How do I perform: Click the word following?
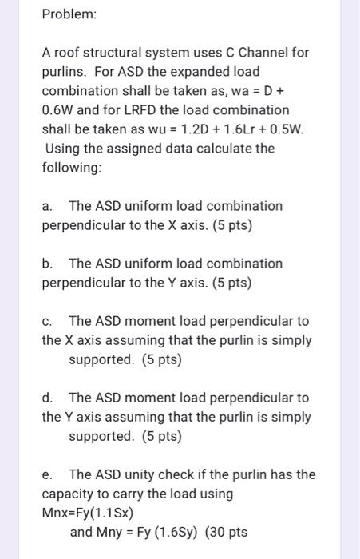click(x=72, y=167)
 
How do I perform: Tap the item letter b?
click(x=47, y=263)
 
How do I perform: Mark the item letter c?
click(x=46, y=321)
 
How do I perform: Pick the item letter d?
click(x=47, y=397)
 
